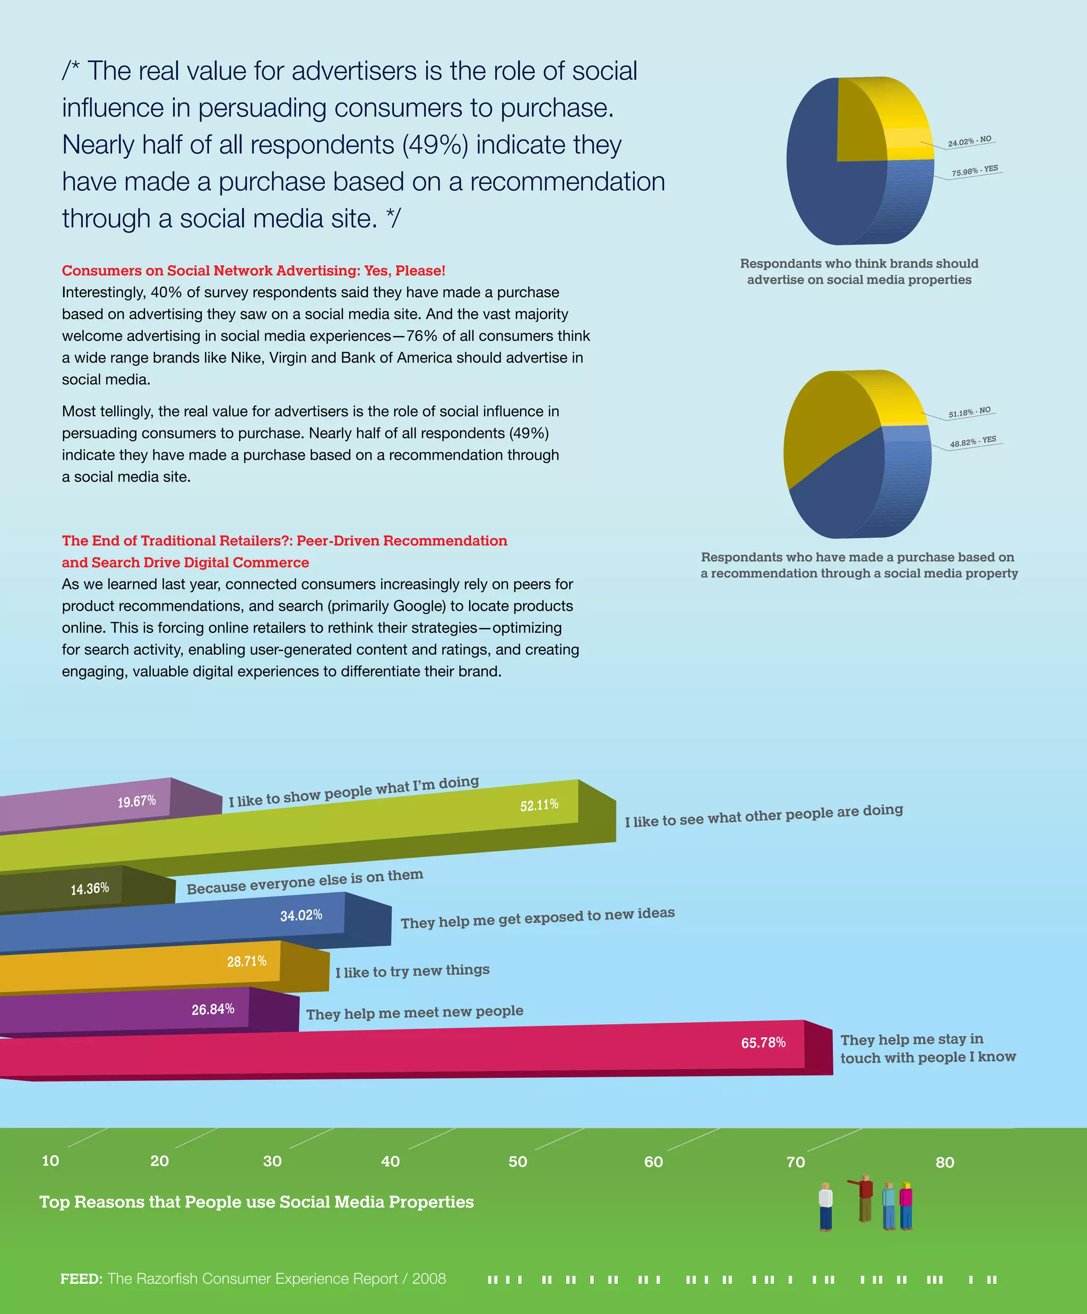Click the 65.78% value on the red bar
point(763,1043)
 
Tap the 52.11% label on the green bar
point(539,805)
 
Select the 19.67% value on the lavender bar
point(136,802)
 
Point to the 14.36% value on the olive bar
point(90,889)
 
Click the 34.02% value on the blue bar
point(301,915)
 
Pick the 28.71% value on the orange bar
point(246,961)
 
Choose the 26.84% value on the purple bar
point(213,1009)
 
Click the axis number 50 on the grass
point(517,1161)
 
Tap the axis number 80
point(944,1162)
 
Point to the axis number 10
point(50,1161)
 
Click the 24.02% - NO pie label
point(969,141)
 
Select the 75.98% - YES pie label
point(974,170)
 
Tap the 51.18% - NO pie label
point(969,412)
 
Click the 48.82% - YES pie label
point(973,441)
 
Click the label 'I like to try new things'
point(412,971)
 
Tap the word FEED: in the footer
point(81,1278)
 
